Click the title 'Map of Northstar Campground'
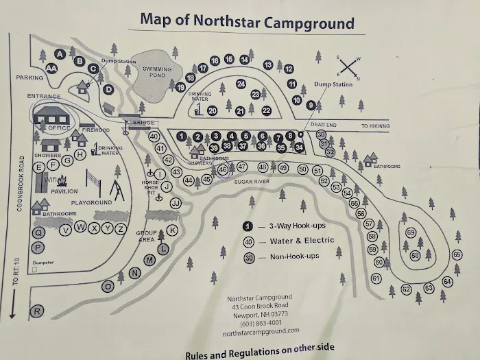(x=247, y=20)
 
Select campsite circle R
(x=38, y=311)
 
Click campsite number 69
(x=411, y=232)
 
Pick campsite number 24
(x=241, y=84)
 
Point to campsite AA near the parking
(x=51, y=68)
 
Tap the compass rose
(x=348, y=67)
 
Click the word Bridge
(x=143, y=123)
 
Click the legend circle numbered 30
(x=249, y=257)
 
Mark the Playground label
(x=91, y=203)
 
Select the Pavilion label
(x=63, y=191)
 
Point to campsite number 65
(x=457, y=254)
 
